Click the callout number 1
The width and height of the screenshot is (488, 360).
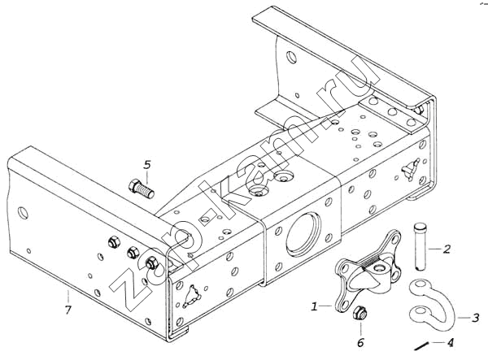click(314, 307)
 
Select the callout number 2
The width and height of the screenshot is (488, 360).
click(447, 249)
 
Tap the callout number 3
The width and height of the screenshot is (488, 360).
click(475, 318)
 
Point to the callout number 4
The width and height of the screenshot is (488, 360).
click(450, 343)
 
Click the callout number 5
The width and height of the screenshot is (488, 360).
click(147, 164)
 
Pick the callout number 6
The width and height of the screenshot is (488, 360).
click(360, 343)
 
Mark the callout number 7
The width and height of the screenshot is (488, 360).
click(68, 310)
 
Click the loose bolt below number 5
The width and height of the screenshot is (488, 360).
click(141, 189)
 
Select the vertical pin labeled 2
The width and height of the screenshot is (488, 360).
click(420, 247)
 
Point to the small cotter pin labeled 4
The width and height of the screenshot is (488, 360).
click(422, 346)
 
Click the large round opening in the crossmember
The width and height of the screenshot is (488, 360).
click(303, 234)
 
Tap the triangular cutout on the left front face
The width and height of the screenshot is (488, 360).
click(192, 296)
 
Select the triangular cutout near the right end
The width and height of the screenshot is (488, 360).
click(411, 169)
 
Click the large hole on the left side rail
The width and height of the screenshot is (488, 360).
click(23, 213)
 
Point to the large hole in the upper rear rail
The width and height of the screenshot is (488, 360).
click(292, 57)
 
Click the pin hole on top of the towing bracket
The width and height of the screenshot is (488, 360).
click(380, 268)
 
